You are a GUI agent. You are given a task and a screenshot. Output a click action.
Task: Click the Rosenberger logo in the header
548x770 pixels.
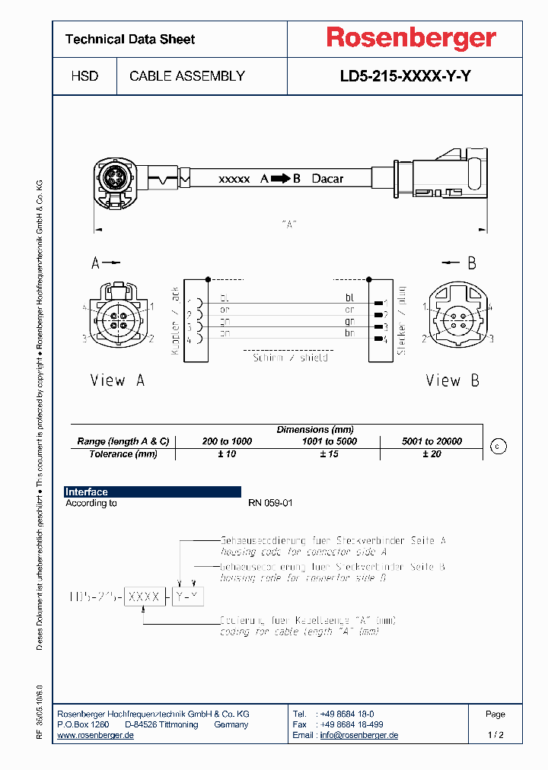click(x=411, y=38)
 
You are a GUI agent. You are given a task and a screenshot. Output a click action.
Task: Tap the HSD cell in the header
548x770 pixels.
click(x=84, y=76)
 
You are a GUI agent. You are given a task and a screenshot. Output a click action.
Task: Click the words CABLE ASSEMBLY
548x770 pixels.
click(x=187, y=76)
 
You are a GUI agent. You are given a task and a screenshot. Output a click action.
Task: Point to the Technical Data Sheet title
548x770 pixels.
click(x=130, y=39)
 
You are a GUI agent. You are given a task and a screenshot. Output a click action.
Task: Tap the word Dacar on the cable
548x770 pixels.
click(x=327, y=179)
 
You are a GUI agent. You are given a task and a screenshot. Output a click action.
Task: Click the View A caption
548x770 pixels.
click(x=117, y=380)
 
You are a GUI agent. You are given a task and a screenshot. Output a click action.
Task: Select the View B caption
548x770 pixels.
click(x=452, y=380)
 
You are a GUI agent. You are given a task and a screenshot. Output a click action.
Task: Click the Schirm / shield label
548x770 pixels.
click(x=290, y=357)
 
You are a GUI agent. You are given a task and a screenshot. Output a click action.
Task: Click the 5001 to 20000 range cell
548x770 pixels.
click(x=432, y=441)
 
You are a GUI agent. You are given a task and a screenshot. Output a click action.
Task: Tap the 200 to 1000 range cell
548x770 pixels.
click(x=227, y=441)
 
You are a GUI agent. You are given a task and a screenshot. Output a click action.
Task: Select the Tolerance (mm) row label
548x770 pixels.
click(x=122, y=454)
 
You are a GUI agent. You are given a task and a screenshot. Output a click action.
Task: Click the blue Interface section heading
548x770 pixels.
click(x=87, y=492)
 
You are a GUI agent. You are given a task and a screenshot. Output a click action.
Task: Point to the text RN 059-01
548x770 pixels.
click(x=270, y=503)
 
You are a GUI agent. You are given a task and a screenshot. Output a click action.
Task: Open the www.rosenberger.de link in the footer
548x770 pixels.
click(x=96, y=735)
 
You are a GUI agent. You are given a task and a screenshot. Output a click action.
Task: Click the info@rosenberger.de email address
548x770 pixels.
click(x=358, y=735)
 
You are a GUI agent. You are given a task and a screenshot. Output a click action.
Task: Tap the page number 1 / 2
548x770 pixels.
click(x=495, y=735)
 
